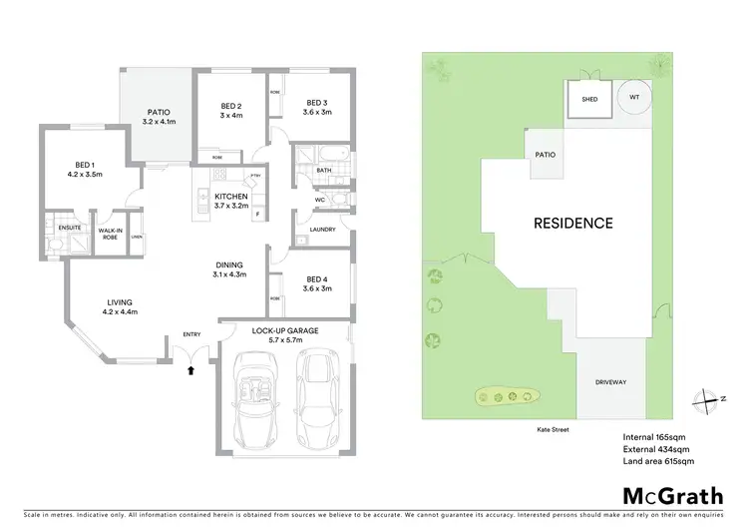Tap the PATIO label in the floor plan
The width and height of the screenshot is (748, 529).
point(159,113)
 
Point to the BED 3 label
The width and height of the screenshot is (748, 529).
point(316,103)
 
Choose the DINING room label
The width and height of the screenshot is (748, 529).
point(230,264)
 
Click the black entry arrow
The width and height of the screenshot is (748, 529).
point(191,371)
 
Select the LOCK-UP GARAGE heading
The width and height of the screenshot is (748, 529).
point(284,328)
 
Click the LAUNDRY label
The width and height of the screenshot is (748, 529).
point(321,229)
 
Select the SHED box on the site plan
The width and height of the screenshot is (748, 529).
point(589,99)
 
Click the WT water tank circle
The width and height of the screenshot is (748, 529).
point(634,98)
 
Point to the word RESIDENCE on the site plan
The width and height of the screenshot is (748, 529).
point(572,223)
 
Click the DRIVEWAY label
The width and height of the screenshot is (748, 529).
point(609,382)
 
